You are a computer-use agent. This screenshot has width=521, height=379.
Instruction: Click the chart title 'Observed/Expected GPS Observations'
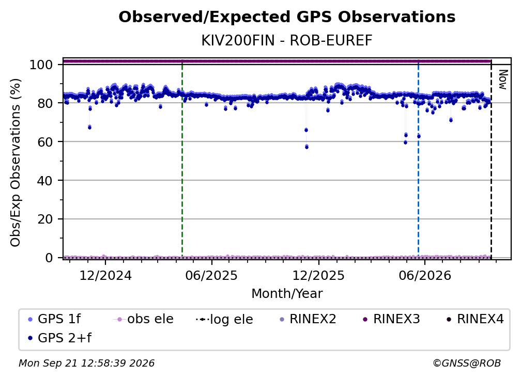tap(287, 17)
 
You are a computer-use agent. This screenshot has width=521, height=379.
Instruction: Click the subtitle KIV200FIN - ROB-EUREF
tap(287, 41)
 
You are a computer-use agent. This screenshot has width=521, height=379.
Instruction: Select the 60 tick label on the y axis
tap(45, 142)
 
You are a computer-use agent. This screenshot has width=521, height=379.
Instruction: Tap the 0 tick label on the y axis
tap(49, 258)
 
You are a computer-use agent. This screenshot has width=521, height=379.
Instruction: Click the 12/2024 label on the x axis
tap(105, 275)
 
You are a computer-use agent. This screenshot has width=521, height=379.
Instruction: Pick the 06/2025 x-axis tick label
tap(212, 275)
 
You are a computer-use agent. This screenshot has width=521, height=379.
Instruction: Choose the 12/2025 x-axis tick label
tap(318, 275)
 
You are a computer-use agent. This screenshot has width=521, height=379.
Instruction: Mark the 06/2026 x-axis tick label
tap(425, 275)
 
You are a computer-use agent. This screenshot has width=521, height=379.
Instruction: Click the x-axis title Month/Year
tap(287, 293)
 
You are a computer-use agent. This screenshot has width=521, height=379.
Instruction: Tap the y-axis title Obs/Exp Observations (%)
tap(16, 162)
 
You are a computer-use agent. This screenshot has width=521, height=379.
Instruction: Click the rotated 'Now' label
tap(503, 80)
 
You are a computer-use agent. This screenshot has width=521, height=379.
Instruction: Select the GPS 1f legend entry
tap(54, 319)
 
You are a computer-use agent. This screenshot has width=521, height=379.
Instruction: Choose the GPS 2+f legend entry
tap(59, 338)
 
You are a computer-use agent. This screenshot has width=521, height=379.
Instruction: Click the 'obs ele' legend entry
tap(144, 319)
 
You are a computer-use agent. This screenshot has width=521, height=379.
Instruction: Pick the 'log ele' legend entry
tap(225, 319)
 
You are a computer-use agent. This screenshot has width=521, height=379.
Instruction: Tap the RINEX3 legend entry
tap(391, 319)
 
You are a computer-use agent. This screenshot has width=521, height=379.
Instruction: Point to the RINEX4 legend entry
tap(475, 319)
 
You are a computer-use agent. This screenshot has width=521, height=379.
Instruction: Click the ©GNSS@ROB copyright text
tap(467, 364)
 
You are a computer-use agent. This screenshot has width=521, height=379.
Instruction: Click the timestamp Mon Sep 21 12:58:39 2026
tap(87, 364)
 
